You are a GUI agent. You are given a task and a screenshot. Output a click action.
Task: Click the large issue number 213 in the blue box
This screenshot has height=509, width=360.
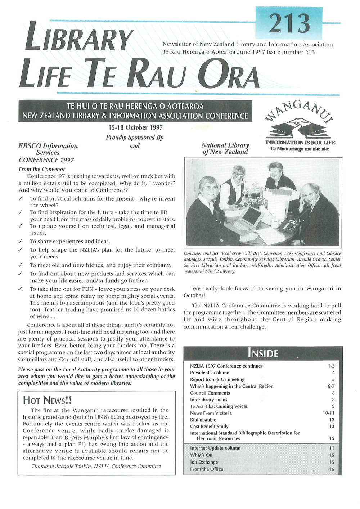(289, 23)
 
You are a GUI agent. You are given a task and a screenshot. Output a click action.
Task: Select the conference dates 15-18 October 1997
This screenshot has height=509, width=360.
(135, 127)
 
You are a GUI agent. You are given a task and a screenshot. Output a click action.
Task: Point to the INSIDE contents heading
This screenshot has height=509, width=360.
(263, 353)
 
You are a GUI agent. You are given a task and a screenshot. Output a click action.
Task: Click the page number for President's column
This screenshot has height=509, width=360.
(333, 373)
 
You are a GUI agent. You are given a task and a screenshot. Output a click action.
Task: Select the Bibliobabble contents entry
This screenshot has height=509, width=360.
(203, 420)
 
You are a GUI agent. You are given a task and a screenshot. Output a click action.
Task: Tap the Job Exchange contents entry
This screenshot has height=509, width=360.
(204, 462)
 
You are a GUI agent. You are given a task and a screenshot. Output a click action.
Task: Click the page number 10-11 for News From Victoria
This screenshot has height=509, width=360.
(329, 413)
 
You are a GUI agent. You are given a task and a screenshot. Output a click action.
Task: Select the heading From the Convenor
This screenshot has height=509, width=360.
(42, 169)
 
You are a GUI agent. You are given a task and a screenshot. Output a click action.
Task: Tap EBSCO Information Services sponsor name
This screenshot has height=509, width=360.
(48, 149)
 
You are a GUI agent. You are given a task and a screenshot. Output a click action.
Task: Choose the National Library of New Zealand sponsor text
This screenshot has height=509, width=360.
(225, 148)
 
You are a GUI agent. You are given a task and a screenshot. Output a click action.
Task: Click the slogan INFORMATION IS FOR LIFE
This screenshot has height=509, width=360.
(300, 143)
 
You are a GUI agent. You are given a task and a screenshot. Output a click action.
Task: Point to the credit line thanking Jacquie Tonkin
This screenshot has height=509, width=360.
(96, 466)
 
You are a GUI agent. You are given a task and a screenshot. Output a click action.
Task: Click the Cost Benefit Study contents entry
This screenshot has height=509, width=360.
(209, 427)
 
